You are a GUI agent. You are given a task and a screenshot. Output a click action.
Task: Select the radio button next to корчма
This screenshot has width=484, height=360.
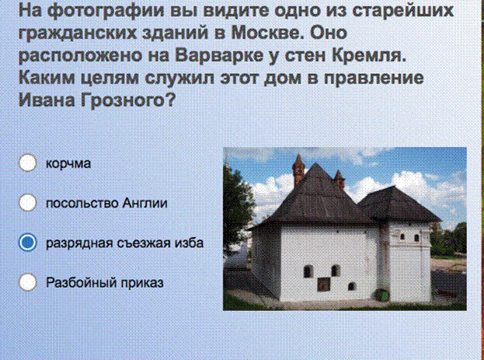[28, 163]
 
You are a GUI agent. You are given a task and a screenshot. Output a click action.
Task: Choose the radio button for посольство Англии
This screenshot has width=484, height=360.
[28, 202]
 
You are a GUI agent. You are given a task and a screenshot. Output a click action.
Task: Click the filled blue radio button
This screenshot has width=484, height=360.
[28, 243]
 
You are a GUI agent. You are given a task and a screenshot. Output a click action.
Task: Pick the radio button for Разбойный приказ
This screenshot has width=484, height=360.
[28, 282]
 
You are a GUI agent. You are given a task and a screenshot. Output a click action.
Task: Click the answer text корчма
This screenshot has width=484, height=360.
[68, 163]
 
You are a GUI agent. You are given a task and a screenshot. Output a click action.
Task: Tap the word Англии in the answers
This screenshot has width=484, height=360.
[145, 204]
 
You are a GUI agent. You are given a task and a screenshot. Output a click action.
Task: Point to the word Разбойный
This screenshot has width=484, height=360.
[81, 282]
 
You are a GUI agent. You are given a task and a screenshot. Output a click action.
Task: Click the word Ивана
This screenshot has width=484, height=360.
[47, 100]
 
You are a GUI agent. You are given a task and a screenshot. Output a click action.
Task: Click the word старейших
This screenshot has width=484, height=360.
[403, 12]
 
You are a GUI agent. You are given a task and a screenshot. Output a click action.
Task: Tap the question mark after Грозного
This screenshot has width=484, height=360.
[171, 100]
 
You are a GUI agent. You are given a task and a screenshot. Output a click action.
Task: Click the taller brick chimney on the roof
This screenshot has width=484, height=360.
[298, 170]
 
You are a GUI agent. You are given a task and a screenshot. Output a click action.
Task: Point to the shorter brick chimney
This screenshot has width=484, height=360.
[339, 180]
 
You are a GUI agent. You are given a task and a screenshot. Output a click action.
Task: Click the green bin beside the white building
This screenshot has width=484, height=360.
[382, 295]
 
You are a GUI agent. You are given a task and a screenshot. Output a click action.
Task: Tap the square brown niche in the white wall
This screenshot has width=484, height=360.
[323, 285]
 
